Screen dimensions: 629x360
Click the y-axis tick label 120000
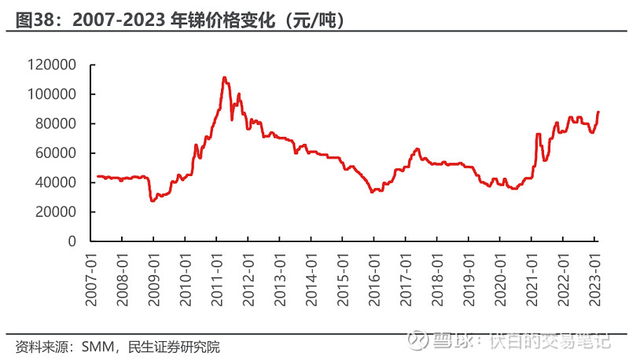(52, 64)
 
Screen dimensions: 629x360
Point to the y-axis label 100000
(52, 94)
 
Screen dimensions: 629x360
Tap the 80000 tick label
(56, 123)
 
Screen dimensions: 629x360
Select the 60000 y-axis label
(56, 152)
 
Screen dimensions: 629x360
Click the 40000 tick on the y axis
(56, 182)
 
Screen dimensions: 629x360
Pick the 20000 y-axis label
(56, 211)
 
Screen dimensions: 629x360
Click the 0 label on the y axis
(72, 241)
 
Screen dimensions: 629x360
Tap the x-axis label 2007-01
(91, 280)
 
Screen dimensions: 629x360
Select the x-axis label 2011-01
(217, 280)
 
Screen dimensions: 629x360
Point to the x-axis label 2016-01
(374, 280)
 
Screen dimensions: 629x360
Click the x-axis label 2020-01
(500, 280)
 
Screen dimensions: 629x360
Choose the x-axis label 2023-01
(594, 280)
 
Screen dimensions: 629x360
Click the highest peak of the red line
(224, 78)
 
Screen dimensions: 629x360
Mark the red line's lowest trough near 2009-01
(152, 200)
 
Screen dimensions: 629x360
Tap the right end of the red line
(598, 112)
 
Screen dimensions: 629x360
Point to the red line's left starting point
(98, 176)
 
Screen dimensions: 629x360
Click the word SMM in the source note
(97, 347)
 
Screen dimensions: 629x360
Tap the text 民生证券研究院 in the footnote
(174, 347)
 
